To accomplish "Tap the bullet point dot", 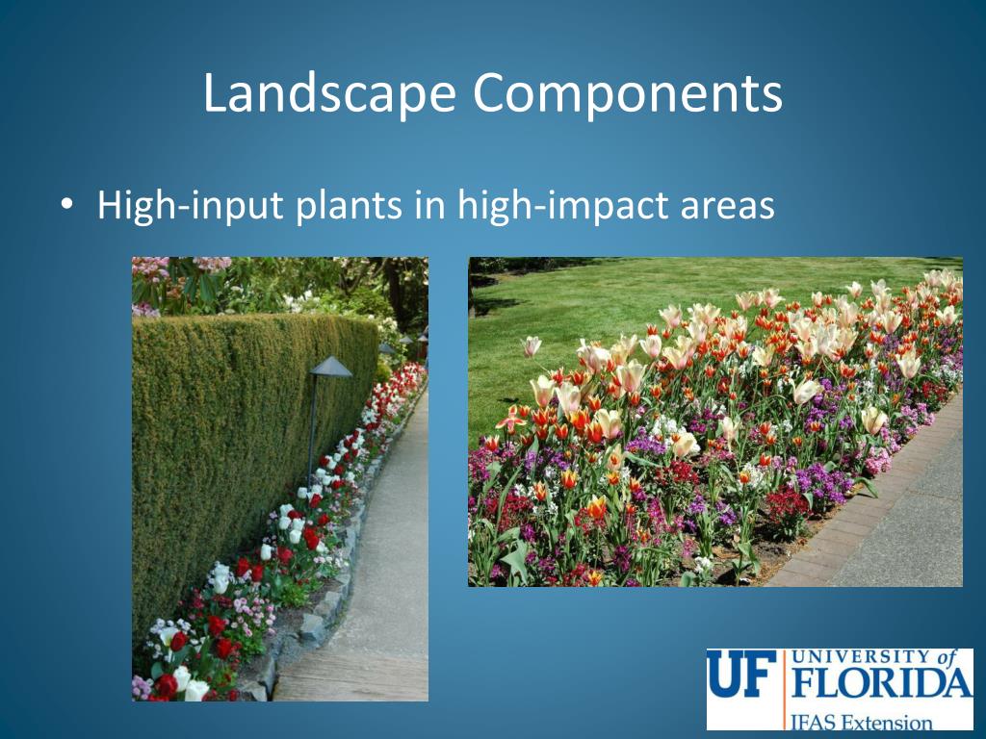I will [65, 205].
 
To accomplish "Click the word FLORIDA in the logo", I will [881, 685].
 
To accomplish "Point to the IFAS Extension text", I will [861, 721].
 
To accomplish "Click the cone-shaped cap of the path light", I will [330, 368].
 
